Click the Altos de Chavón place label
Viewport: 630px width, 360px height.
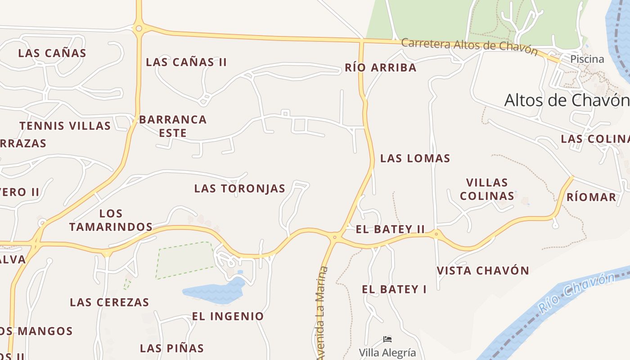click(x=566, y=100)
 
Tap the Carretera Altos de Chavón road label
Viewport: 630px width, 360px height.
click(x=469, y=45)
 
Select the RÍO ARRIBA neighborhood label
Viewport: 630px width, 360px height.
click(x=380, y=68)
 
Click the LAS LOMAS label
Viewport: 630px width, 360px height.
click(x=415, y=158)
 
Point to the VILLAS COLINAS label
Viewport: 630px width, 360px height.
click(x=487, y=189)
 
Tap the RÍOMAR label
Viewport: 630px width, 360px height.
click(x=591, y=197)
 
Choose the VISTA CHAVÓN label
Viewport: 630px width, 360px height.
click(x=483, y=271)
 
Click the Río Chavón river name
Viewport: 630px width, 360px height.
click(x=577, y=292)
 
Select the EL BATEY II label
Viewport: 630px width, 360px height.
click(x=390, y=229)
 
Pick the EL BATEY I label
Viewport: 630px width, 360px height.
click(x=394, y=289)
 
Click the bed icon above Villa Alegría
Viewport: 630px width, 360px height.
click(x=387, y=339)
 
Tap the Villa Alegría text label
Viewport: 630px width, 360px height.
click(x=387, y=352)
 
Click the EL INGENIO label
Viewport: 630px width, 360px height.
click(x=228, y=316)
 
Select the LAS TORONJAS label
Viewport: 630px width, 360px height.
click(x=239, y=189)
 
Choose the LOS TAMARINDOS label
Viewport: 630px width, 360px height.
click(x=111, y=220)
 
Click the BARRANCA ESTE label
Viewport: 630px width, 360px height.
click(x=173, y=126)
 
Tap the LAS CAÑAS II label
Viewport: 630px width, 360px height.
click(x=186, y=62)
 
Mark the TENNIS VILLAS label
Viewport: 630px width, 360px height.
click(x=65, y=126)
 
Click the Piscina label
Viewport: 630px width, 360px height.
click(x=587, y=59)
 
